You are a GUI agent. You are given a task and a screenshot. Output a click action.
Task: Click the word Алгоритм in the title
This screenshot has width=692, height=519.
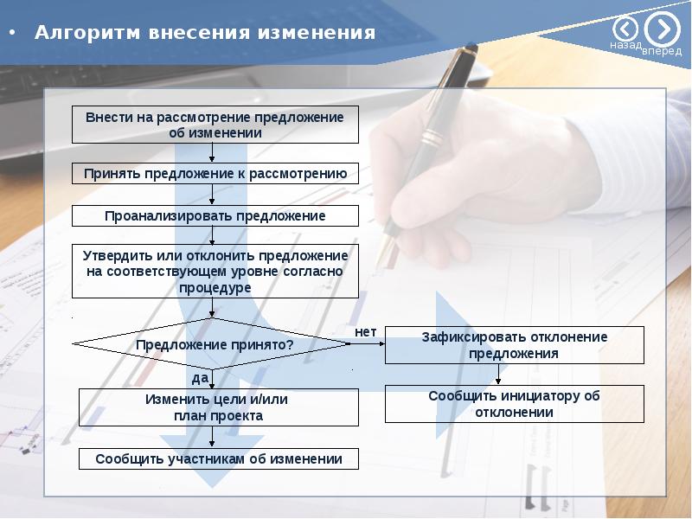[76, 34]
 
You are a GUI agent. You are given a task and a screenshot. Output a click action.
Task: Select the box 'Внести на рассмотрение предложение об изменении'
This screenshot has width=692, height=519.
[215, 125]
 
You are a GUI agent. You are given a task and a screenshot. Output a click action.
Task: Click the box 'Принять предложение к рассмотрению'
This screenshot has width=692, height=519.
[215, 173]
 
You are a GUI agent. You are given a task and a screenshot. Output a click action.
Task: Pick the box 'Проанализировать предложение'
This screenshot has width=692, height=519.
[215, 215]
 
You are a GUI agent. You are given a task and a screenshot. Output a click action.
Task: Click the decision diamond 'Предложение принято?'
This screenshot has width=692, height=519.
[213, 344]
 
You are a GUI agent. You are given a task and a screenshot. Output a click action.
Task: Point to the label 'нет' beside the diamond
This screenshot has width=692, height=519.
[366, 331]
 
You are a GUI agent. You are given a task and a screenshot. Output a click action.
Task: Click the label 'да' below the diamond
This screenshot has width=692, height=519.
[200, 378]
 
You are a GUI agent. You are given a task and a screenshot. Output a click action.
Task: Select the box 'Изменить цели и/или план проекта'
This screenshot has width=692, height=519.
[218, 407]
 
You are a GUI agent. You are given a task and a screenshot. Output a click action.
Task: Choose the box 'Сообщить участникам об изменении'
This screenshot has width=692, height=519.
[218, 459]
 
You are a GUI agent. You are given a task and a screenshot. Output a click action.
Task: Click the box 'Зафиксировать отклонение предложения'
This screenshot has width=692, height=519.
[514, 345]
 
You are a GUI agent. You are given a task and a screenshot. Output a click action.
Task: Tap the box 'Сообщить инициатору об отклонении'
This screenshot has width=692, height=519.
[514, 404]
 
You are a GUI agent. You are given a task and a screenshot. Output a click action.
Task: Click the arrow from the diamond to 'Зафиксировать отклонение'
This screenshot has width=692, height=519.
[367, 344]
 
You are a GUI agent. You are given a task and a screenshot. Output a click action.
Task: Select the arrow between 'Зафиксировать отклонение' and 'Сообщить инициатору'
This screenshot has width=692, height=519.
[497, 375]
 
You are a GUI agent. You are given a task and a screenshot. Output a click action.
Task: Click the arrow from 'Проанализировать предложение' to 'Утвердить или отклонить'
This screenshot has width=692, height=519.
[213, 235]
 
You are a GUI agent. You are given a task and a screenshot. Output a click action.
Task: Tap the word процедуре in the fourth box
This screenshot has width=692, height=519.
[215, 287]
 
